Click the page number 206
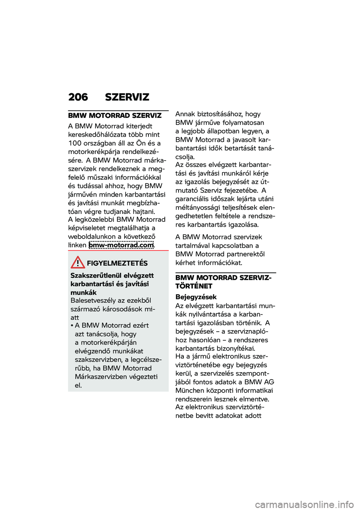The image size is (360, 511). pos(78,97)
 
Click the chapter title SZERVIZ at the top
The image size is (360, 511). pos(127,97)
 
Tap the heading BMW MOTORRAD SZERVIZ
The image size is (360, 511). pos(115,116)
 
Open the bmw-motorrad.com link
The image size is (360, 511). pos(121,245)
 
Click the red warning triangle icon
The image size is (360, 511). pos(78,262)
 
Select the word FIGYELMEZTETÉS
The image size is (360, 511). pos(117,263)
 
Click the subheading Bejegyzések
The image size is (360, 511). pos(196,297)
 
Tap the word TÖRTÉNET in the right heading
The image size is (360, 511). pos(193,286)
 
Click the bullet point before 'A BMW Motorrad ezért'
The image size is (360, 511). pos(72,326)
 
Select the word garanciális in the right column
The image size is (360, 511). pos(193,199)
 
